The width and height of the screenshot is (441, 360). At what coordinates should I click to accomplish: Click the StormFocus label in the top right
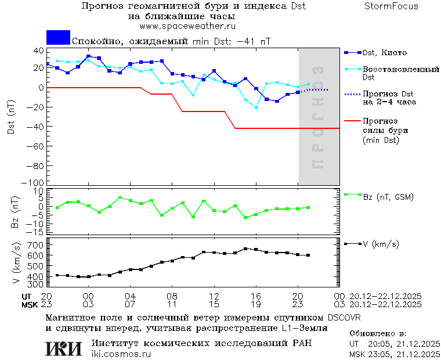(x=391, y=6)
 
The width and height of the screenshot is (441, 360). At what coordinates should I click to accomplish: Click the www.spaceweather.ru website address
(x=187, y=26)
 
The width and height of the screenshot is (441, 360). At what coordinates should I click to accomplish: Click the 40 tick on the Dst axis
(x=39, y=51)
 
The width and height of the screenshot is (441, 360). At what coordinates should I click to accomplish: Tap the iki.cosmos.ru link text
(x=121, y=354)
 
